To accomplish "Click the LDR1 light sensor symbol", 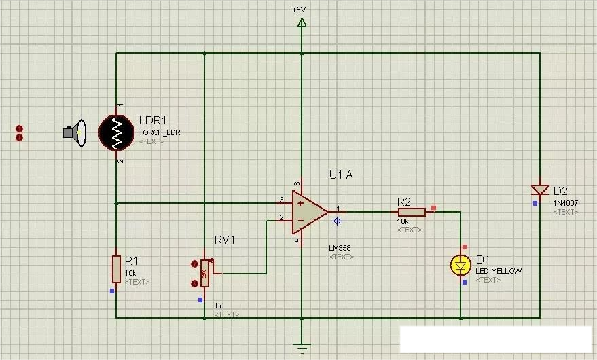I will (117, 132).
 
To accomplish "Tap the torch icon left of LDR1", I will (74, 132).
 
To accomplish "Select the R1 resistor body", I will (116, 268).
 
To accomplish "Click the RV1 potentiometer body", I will (204, 274).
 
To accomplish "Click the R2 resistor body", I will (412, 212).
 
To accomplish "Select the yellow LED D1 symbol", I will (461, 265).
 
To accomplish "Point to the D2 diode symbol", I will (541, 190).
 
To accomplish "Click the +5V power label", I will (299, 10).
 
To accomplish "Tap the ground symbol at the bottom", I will (302, 347).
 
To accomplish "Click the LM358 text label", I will (341, 248).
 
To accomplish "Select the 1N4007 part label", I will (565, 203).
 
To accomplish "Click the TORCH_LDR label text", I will (160, 132).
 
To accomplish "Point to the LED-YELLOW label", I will (499, 271).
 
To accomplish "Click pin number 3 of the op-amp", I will (281, 200).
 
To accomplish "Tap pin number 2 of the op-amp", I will (281, 218).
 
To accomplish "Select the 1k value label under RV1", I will (218, 306).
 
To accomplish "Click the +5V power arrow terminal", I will (302, 23).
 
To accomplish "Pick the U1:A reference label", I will (341, 175).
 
